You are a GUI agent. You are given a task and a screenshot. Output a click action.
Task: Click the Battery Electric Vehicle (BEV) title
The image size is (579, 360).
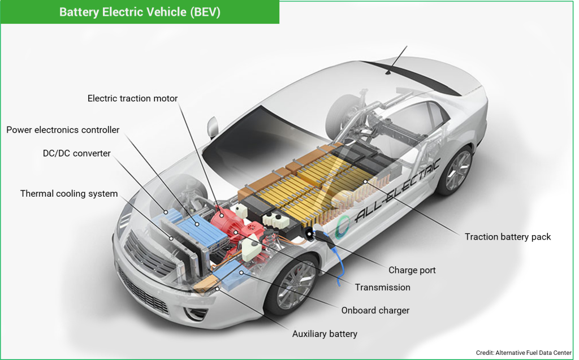click(140, 12)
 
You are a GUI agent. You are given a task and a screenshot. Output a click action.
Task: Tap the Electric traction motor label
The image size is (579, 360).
click(132, 98)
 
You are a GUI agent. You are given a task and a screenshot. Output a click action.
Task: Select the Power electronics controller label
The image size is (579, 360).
click(63, 130)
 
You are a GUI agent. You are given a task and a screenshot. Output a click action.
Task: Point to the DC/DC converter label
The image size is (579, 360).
click(76, 153)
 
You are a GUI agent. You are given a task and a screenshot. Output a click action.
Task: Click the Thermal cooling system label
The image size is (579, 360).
click(69, 194)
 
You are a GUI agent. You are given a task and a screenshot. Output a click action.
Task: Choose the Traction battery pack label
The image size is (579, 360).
click(508, 237)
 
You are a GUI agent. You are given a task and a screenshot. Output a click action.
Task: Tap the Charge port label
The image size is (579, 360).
click(412, 270)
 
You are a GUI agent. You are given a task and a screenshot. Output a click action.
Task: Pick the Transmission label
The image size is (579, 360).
click(382, 287)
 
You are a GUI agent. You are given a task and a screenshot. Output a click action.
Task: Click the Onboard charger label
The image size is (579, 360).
click(375, 310)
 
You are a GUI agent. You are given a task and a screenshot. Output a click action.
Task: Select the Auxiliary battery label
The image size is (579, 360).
click(325, 334)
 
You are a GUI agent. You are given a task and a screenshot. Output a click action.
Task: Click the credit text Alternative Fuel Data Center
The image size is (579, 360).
click(524, 353)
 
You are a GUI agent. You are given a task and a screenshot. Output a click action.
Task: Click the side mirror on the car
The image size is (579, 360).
click(213, 126)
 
